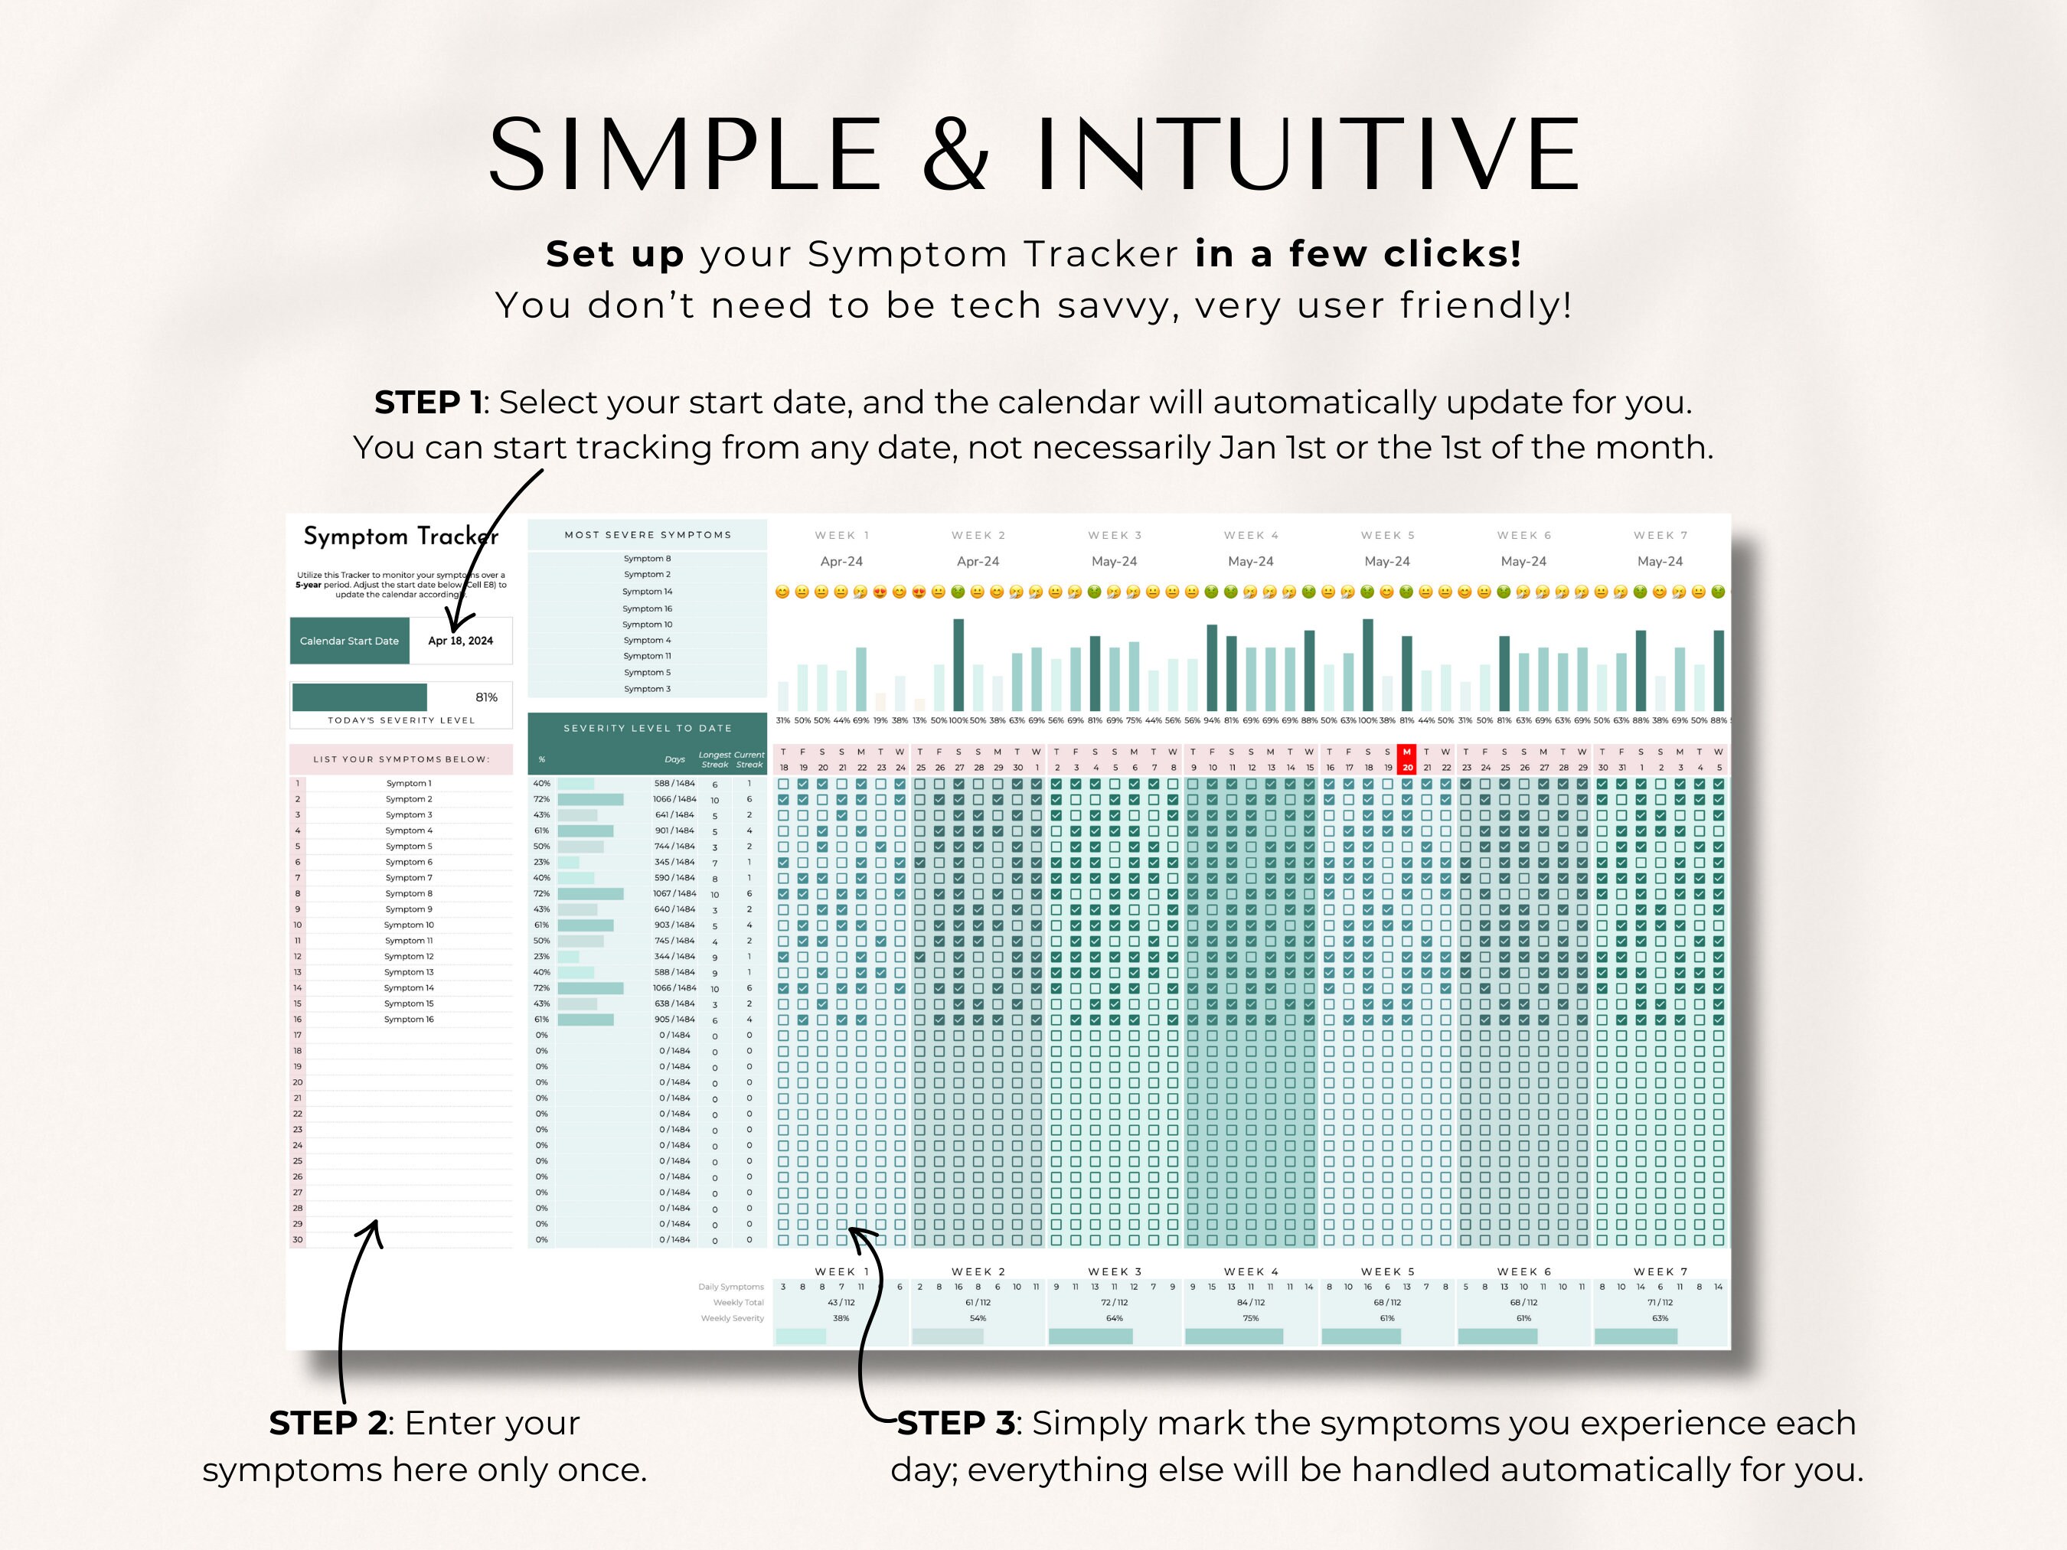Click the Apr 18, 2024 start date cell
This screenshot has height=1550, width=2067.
[x=460, y=641]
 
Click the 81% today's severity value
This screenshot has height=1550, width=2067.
[x=486, y=697]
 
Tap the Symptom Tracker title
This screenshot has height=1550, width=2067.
[x=401, y=537]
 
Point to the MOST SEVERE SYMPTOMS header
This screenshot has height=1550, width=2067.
[x=648, y=535]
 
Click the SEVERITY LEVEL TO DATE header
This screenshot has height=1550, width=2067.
[x=648, y=728]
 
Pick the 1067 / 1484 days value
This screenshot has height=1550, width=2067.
[x=674, y=893]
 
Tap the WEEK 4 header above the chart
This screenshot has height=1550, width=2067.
[x=1251, y=535]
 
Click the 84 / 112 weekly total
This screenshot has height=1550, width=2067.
[x=1250, y=1303]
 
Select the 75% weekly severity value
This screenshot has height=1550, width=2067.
[x=1250, y=1318]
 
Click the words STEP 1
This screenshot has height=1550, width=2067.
[x=428, y=403]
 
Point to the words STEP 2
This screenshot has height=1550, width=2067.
[x=327, y=1423]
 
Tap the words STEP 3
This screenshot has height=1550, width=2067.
[x=955, y=1423]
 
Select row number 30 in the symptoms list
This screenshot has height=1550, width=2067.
[x=297, y=1240]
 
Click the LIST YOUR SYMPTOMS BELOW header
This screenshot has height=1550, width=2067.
[x=401, y=759]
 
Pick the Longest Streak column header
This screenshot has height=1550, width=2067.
[x=715, y=759]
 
